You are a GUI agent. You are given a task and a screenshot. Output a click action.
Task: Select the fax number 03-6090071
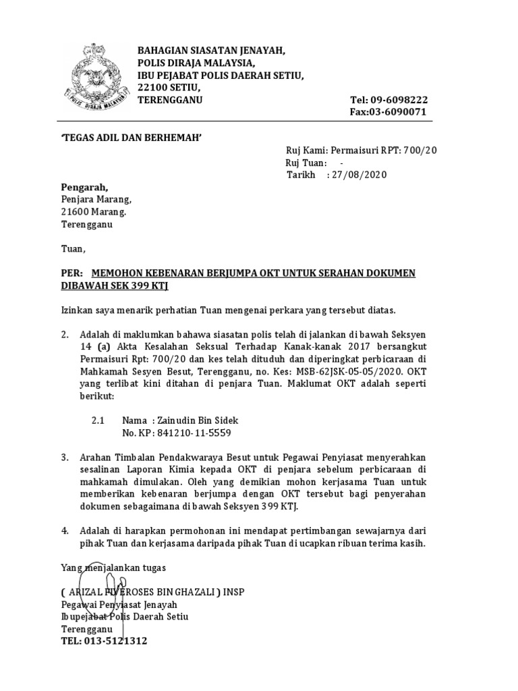401,112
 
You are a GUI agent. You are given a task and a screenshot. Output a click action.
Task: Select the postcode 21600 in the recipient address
75,212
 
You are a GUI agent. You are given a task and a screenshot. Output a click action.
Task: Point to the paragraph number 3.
65,458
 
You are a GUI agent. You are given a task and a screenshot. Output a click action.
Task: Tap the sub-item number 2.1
98,420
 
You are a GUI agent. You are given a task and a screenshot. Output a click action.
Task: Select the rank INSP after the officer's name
233,592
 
